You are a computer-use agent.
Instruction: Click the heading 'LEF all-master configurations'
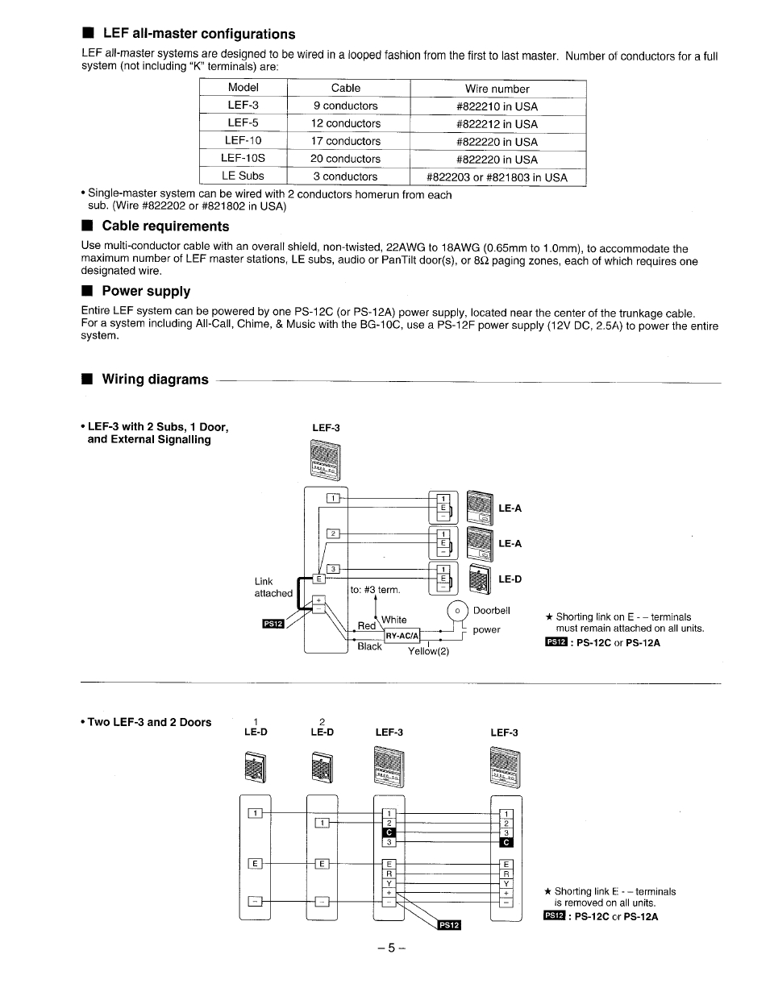[x=198, y=34]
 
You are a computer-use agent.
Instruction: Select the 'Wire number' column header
[x=497, y=89]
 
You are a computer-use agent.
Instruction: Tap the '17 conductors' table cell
[x=345, y=141]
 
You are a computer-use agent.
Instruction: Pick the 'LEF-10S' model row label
[x=243, y=158]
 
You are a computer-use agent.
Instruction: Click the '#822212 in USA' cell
[x=497, y=124]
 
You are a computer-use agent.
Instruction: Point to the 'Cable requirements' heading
[x=164, y=226]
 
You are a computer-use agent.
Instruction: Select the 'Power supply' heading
[x=145, y=292]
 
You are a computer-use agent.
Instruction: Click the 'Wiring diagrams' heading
[x=154, y=380]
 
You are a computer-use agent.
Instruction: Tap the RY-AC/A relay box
[x=402, y=635]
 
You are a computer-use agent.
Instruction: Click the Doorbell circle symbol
[x=457, y=612]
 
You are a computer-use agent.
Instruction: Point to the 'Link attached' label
[x=273, y=587]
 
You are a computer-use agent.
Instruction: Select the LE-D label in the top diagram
[x=510, y=579]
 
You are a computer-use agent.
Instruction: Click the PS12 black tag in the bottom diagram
[x=448, y=925]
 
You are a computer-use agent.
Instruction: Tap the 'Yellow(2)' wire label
[x=427, y=651]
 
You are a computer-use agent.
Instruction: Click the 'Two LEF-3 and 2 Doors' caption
[x=148, y=722]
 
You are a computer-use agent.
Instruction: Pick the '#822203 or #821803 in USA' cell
[x=497, y=177]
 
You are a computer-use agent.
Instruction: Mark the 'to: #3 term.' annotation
[x=375, y=590]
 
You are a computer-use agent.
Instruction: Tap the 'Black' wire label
[x=369, y=646]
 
